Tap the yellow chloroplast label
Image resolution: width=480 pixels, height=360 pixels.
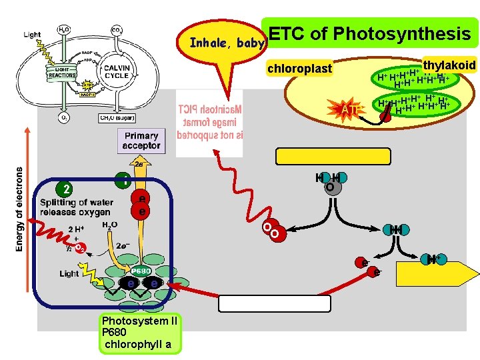pyautogui.click(x=299, y=68)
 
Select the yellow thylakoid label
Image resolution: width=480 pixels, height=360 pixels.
pyautogui.click(x=449, y=65)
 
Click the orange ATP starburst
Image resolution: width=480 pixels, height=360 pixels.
pyautogui.click(x=351, y=109)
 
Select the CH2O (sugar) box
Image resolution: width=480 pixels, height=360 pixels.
pyautogui.click(x=116, y=118)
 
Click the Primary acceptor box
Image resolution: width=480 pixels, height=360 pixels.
pyautogui.click(x=141, y=141)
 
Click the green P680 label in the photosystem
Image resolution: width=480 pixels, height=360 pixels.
pyautogui.click(x=140, y=271)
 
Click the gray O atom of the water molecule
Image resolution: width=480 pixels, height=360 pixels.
pyautogui.click(x=329, y=188)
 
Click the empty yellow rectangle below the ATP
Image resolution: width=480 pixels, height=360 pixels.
pyautogui.click(x=333, y=156)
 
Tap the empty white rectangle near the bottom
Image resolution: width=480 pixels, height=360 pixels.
pyautogui.click(x=275, y=303)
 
